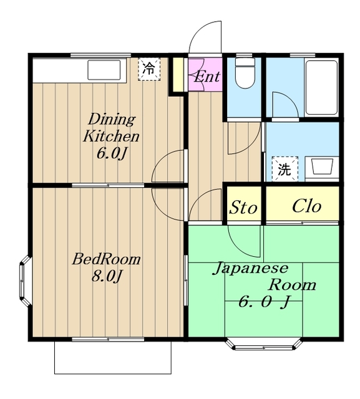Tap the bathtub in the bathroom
tap(321, 87)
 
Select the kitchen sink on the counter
tap(104, 70)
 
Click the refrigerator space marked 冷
tap(149, 69)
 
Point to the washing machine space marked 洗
tap(285, 169)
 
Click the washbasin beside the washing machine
tap(322, 168)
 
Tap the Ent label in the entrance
tap(207, 76)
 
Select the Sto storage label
tap(243, 208)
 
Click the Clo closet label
tap(306, 206)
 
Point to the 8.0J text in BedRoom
tap(105, 276)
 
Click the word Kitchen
tap(111, 137)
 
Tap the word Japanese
tap(251, 269)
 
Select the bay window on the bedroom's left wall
tap(25, 281)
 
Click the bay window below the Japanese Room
tap(263, 344)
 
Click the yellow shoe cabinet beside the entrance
tap(178, 74)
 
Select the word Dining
tap(112, 119)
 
